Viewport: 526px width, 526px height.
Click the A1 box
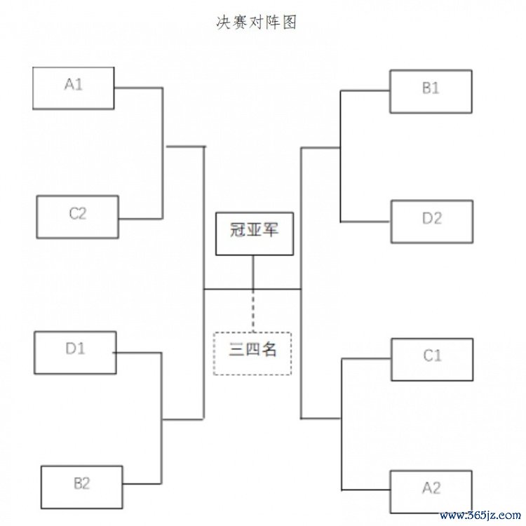(74, 88)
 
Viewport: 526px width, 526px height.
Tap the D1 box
(75, 352)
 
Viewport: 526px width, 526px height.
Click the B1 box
(431, 91)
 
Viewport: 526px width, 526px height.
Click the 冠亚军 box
(254, 234)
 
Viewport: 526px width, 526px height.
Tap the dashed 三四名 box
(252, 353)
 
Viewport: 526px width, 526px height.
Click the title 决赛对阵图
(257, 22)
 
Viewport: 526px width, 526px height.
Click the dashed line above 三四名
(253, 311)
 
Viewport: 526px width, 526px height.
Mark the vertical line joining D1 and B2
(163, 417)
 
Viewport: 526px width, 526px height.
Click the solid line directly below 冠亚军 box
(253, 272)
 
